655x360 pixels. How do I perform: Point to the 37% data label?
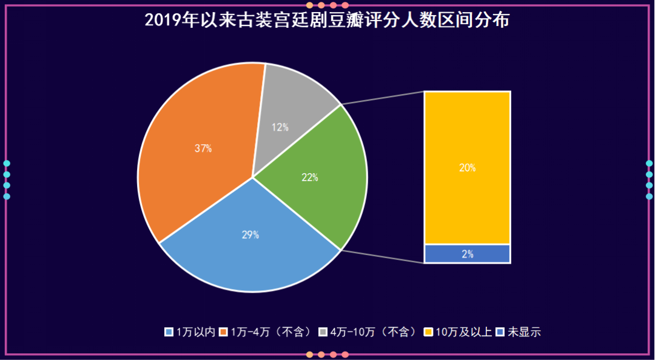point(203,148)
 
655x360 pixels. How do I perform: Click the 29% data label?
point(250,235)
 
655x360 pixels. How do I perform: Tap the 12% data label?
point(280,127)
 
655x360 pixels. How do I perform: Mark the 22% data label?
point(310,178)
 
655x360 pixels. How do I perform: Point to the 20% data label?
point(467,168)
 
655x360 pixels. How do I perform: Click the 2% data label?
point(468,254)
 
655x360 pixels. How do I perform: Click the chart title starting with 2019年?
point(327,20)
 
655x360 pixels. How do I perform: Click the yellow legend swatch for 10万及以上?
point(428,332)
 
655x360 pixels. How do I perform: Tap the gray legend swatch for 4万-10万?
point(323,332)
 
